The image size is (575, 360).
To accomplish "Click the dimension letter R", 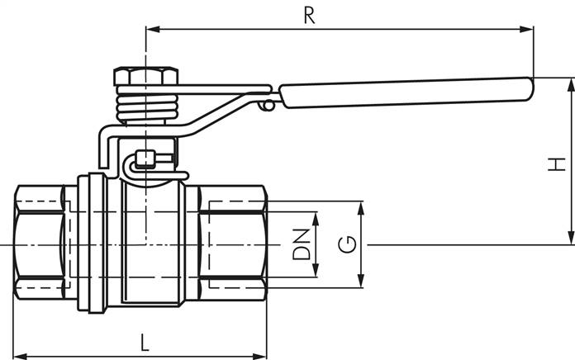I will point(309,16).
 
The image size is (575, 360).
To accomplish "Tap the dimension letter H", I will point(558,163).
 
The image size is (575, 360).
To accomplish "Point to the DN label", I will point(302,243).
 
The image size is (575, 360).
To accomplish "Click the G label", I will point(349,244).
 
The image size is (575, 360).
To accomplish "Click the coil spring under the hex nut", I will point(145,105).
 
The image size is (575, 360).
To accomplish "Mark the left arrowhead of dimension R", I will point(151,30).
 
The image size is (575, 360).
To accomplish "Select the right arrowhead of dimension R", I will point(529,30).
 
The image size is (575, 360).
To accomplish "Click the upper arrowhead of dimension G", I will point(360,206).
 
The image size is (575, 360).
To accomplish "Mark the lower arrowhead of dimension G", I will point(360,283).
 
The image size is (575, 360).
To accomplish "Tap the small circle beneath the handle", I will point(266,106).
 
